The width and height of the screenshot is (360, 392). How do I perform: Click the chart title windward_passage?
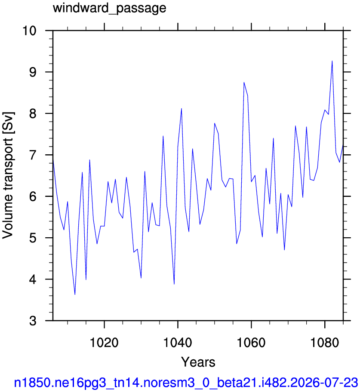109,8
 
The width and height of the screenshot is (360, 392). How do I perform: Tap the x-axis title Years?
198,362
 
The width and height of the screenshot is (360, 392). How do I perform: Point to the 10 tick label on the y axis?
29,31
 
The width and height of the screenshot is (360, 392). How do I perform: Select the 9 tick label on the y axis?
33,72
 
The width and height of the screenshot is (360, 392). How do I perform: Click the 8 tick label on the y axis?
33,113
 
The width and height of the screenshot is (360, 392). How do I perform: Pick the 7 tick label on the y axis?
33,155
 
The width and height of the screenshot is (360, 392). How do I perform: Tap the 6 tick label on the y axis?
33,196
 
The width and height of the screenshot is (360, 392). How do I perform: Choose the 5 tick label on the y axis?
33,238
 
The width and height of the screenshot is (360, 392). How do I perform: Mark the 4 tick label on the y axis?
33,279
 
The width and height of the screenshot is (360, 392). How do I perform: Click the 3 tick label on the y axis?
33,321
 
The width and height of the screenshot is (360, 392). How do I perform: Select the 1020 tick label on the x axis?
104,342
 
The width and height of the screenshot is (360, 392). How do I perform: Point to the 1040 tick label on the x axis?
178,342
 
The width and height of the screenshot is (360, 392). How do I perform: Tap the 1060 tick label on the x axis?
251,342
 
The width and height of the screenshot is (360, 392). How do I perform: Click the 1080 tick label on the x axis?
325,342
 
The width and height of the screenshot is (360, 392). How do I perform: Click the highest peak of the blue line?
332,61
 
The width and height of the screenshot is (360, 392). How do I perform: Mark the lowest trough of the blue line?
75,294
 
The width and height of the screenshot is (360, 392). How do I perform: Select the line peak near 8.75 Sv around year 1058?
244,82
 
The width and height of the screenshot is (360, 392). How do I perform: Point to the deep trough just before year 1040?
174,284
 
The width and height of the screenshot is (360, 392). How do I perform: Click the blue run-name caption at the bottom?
186,383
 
